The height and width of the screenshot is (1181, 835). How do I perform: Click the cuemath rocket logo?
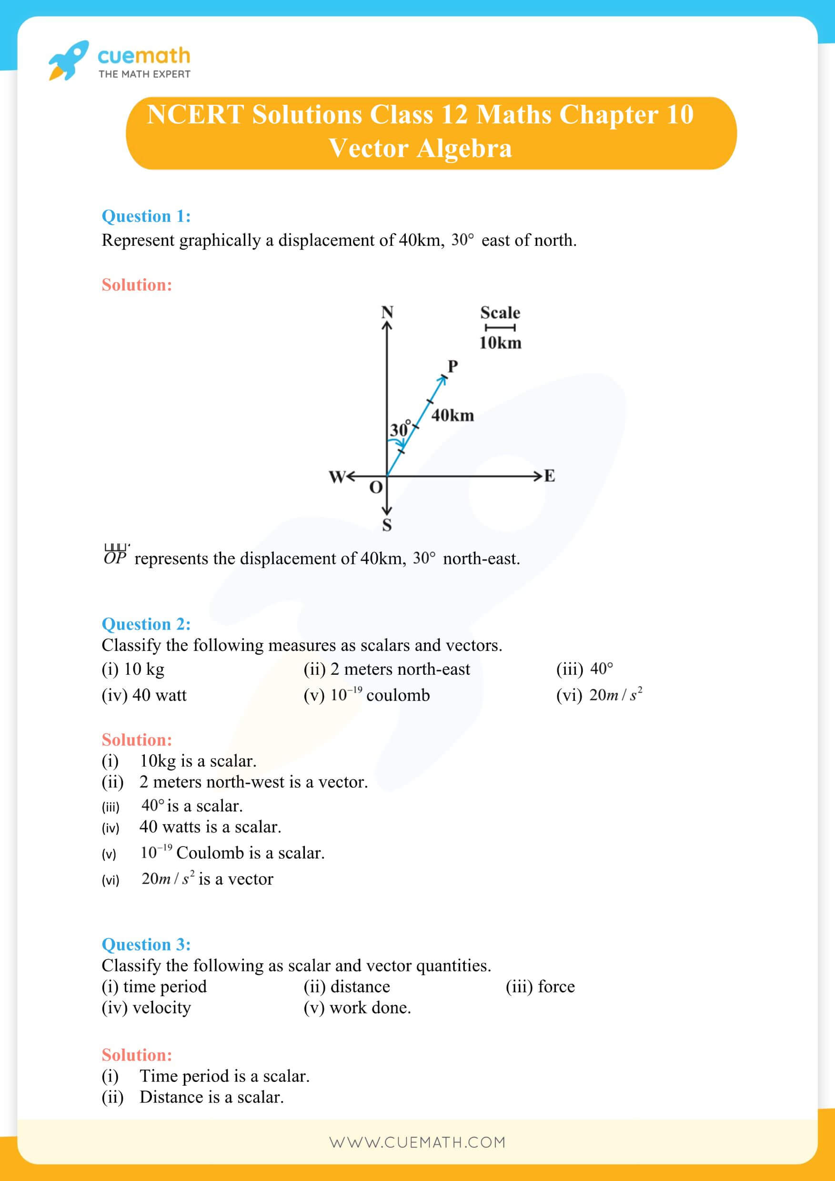pyautogui.click(x=68, y=60)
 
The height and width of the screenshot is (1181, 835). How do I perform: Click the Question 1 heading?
pyautogui.click(x=146, y=216)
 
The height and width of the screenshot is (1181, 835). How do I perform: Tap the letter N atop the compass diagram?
pyautogui.click(x=387, y=312)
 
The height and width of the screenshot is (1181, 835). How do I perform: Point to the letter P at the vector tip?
pyautogui.click(x=452, y=366)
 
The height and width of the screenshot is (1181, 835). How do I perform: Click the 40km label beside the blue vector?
pyautogui.click(x=452, y=415)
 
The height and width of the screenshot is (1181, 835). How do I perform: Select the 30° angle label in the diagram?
pyautogui.click(x=400, y=429)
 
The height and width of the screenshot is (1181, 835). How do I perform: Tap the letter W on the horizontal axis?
pyautogui.click(x=337, y=477)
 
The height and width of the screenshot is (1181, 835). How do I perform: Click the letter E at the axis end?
pyautogui.click(x=550, y=476)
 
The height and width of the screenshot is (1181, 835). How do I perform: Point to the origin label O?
pyautogui.click(x=376, y=487)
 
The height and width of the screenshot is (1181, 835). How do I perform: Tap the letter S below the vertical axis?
pyautogui.click(x=387, y=525)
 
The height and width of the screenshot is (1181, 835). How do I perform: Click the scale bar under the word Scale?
pyautogui.click(x=500, y=328)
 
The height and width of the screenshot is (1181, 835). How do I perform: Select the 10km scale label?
pyautogui.click(x=500, y=343)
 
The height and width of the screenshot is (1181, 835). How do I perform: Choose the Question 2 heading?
pyautogui.click(x=146, y=624)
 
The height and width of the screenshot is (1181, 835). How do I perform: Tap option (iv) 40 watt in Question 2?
pyautogui.click(x=144, y=695)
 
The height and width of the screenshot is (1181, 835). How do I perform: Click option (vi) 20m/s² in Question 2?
pyautogui.click(x=599, y=695)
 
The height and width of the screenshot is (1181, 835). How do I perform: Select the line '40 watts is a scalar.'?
pyautogui.click(x=210, y=827)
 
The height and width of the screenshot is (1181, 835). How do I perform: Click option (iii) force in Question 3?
pyautogui.click(x=540, y=986)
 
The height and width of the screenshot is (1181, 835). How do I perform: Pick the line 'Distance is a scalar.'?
pyautogui.click(x=211, y=1097)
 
